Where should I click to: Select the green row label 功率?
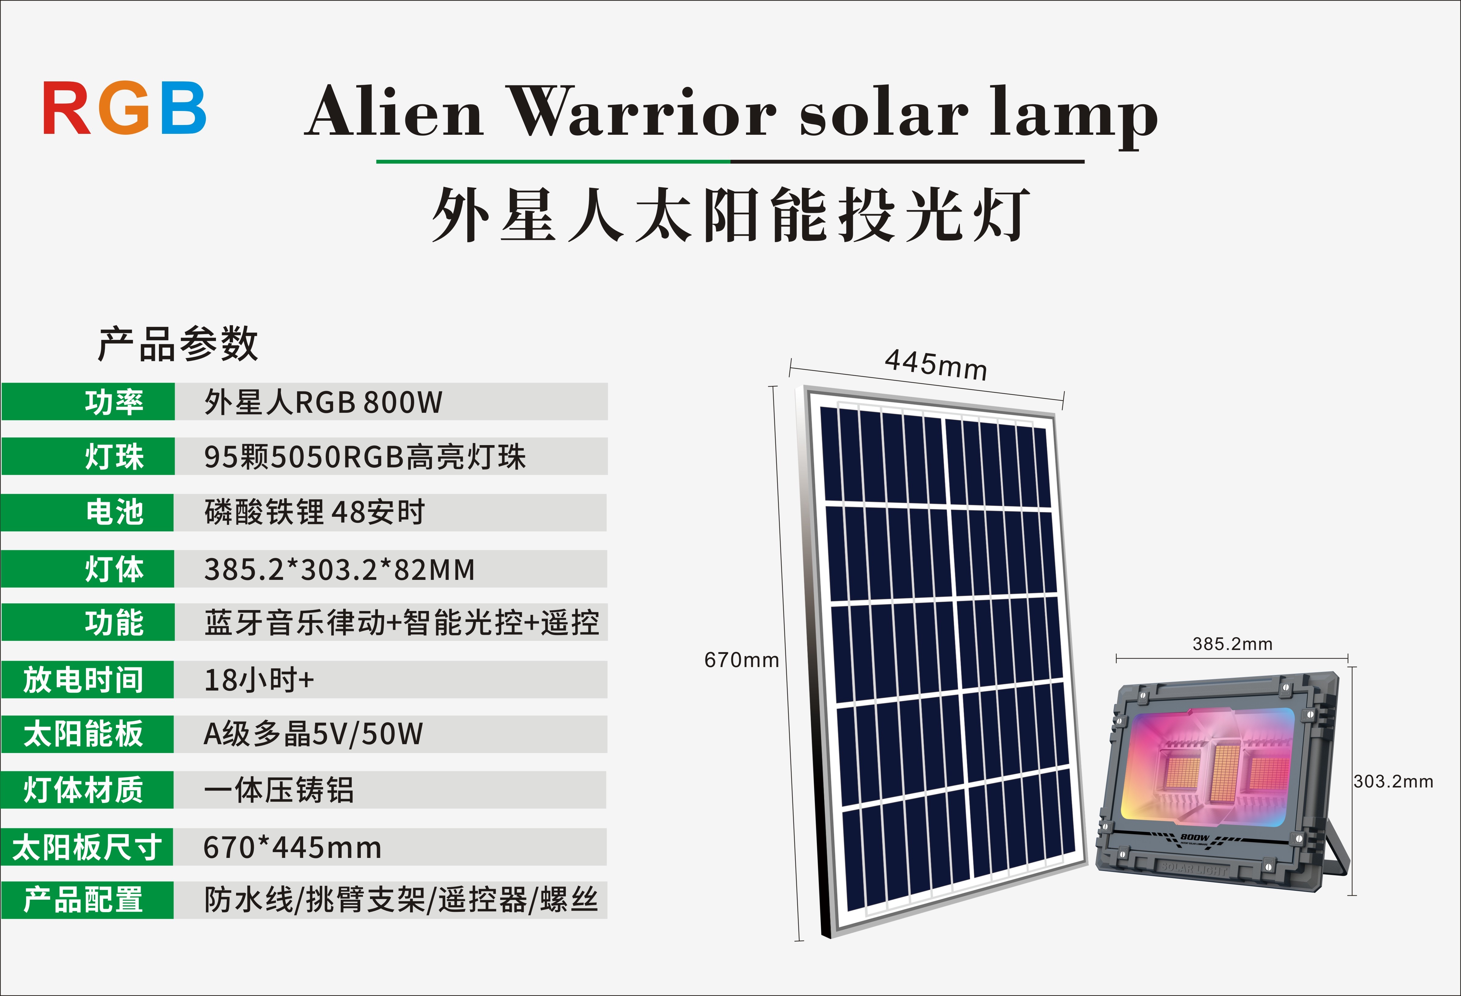[x=114, y=402]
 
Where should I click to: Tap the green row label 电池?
[x=114, y=512]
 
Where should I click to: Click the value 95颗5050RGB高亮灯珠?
[x=364, y=457]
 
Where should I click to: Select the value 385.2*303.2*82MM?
[x=339, y=569]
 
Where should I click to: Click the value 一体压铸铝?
[x=278, y=790]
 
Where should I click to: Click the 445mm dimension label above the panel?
[x=935, y=364]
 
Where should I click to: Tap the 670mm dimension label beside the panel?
[x=742, y=660]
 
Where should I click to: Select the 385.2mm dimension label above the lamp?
[x=1232, y=644]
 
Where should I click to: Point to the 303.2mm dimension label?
[x=1393, y=782]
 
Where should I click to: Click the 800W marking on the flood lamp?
[x=1194, y=838]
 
